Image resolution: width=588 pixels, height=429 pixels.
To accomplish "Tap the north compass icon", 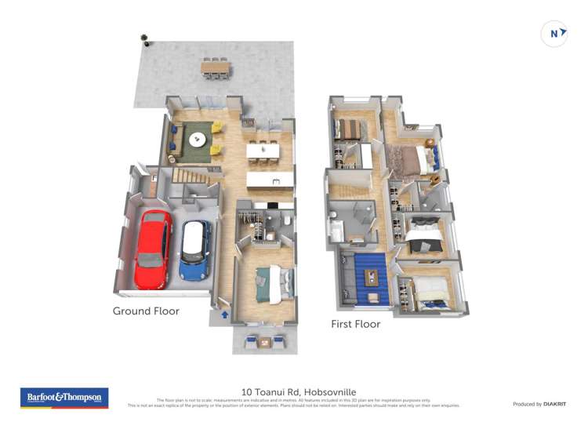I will point(554,34).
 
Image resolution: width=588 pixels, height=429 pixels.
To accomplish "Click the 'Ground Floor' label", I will point(146,311).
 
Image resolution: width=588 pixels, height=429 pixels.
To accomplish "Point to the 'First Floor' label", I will point(356,324).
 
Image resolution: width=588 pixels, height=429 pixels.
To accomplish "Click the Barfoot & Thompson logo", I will point(64,398).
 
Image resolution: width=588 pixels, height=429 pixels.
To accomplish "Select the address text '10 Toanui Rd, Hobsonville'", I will point(293,390).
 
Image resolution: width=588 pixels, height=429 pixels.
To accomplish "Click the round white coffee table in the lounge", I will point(196,140).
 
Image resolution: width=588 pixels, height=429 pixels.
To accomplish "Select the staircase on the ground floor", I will point(191,177).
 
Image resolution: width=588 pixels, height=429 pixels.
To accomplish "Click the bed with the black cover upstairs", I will point(420,233).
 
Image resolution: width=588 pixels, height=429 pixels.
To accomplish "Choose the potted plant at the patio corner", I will point(143,36).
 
